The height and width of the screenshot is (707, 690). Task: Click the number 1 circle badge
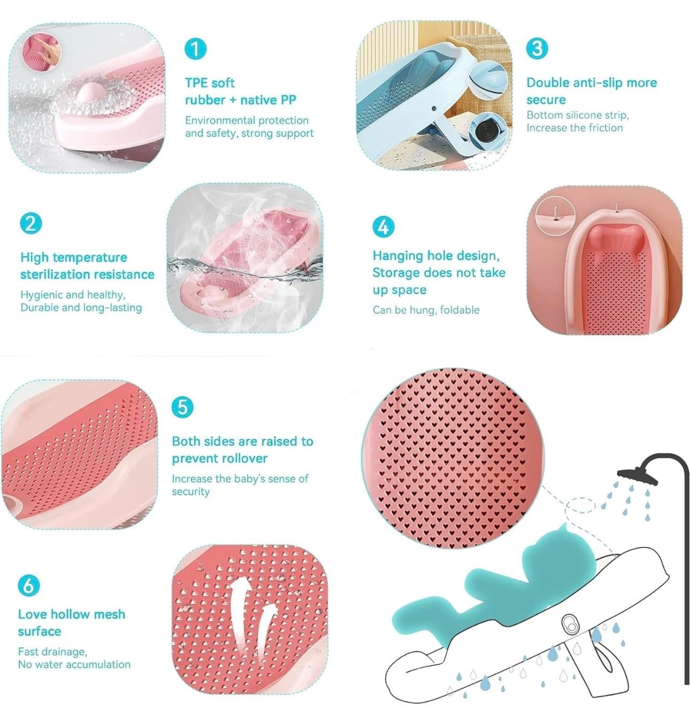coord(195,49)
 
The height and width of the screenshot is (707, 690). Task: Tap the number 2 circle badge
coord(31,223)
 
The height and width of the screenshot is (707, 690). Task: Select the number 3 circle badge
coord(537,48)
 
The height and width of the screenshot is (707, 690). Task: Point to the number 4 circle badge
coord(384,227)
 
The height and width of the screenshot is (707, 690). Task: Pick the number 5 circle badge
coord(182,407)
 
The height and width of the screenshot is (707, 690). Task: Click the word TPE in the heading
coord(196,83)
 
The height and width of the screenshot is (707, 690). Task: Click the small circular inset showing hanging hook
coord(555,215)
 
